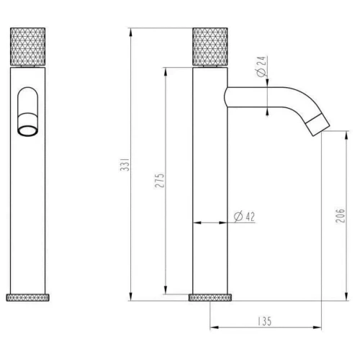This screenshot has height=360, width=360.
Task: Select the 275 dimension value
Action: click(x=159, y=180)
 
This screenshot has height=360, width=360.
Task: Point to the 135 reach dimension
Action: click(x=262, y=322)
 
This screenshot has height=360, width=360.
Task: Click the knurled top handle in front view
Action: click(x=30, y=48)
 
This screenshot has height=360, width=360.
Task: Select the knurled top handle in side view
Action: click(x=210, y=48)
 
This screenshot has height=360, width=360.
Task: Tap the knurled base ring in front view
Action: click(x=30, y=297)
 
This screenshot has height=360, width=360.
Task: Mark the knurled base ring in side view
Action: click(x=211, y=297)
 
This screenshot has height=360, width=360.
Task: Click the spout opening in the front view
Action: click(x=30, y=130)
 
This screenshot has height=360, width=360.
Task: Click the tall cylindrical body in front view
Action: click(x=30, y=202)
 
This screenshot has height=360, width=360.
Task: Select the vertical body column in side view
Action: click(x=210, y=180)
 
